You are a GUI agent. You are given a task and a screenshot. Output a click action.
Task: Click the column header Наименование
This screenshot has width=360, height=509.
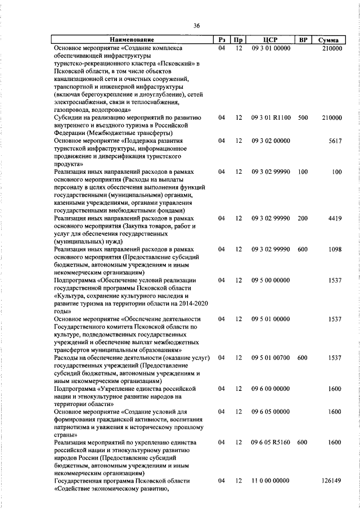pos(132,40)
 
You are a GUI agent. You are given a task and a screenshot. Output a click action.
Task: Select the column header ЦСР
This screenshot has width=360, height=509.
pos(271,40)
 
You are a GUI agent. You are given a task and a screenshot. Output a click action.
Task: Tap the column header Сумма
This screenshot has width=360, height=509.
pos(328,40)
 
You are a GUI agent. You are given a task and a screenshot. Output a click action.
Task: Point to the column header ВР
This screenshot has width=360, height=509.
pos(303,40)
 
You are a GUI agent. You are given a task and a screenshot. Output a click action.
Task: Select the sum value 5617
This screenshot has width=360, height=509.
pos(335,140)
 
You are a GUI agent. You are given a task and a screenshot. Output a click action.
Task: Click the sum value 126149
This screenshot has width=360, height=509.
pos(331,481)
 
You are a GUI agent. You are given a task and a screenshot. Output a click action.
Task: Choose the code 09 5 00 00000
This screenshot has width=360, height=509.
pos(271,280)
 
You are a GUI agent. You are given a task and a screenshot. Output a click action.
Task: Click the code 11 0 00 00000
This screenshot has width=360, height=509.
pos(271,481)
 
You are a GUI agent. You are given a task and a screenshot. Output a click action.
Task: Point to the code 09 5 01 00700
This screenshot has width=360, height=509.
pos(271,358)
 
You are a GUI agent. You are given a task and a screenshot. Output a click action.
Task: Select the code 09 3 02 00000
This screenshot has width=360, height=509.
pos(271,140)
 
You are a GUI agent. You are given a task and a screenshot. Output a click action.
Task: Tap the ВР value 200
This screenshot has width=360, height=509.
pos(303,218)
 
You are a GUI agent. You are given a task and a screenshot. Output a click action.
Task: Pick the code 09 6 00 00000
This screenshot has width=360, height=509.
pos(271,389)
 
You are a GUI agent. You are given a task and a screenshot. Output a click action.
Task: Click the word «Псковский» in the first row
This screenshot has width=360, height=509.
pos(170,64)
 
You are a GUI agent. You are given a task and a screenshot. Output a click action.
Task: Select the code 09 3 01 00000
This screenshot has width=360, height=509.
pos(271,49)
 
